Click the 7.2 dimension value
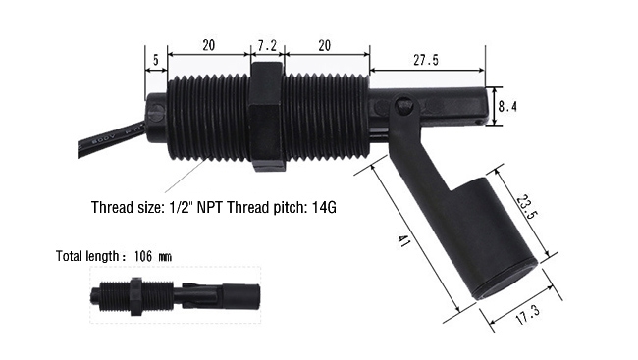tap(267, 45)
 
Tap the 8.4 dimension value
tap(506, 104)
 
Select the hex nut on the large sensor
tap(267, 117)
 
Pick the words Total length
tap(84, 256)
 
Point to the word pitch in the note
tap(300, 208)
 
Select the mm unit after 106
tap(164, 257)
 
